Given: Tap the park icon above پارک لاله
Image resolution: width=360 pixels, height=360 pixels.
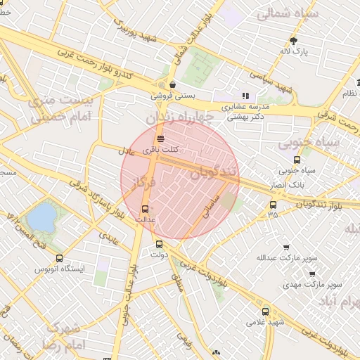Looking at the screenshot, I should coord(293,40).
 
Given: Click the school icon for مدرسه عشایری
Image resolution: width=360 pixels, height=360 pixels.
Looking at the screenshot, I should coord(245,96).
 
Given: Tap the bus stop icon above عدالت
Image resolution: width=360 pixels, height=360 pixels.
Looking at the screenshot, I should coord(145,209).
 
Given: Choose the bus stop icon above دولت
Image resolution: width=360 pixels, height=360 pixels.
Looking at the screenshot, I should coord(159,245).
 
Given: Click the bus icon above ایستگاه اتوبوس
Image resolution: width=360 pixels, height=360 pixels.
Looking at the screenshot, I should coord(59,258).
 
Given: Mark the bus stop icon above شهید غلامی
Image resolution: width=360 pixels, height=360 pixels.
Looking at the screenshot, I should coord(265,311).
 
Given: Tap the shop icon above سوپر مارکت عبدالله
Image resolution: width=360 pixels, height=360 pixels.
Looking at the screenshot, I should coord(285,247).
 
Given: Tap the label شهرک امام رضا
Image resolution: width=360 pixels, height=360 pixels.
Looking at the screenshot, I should coord(64,337).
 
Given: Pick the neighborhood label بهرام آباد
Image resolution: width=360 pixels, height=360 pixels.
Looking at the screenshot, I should coord(337,302).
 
